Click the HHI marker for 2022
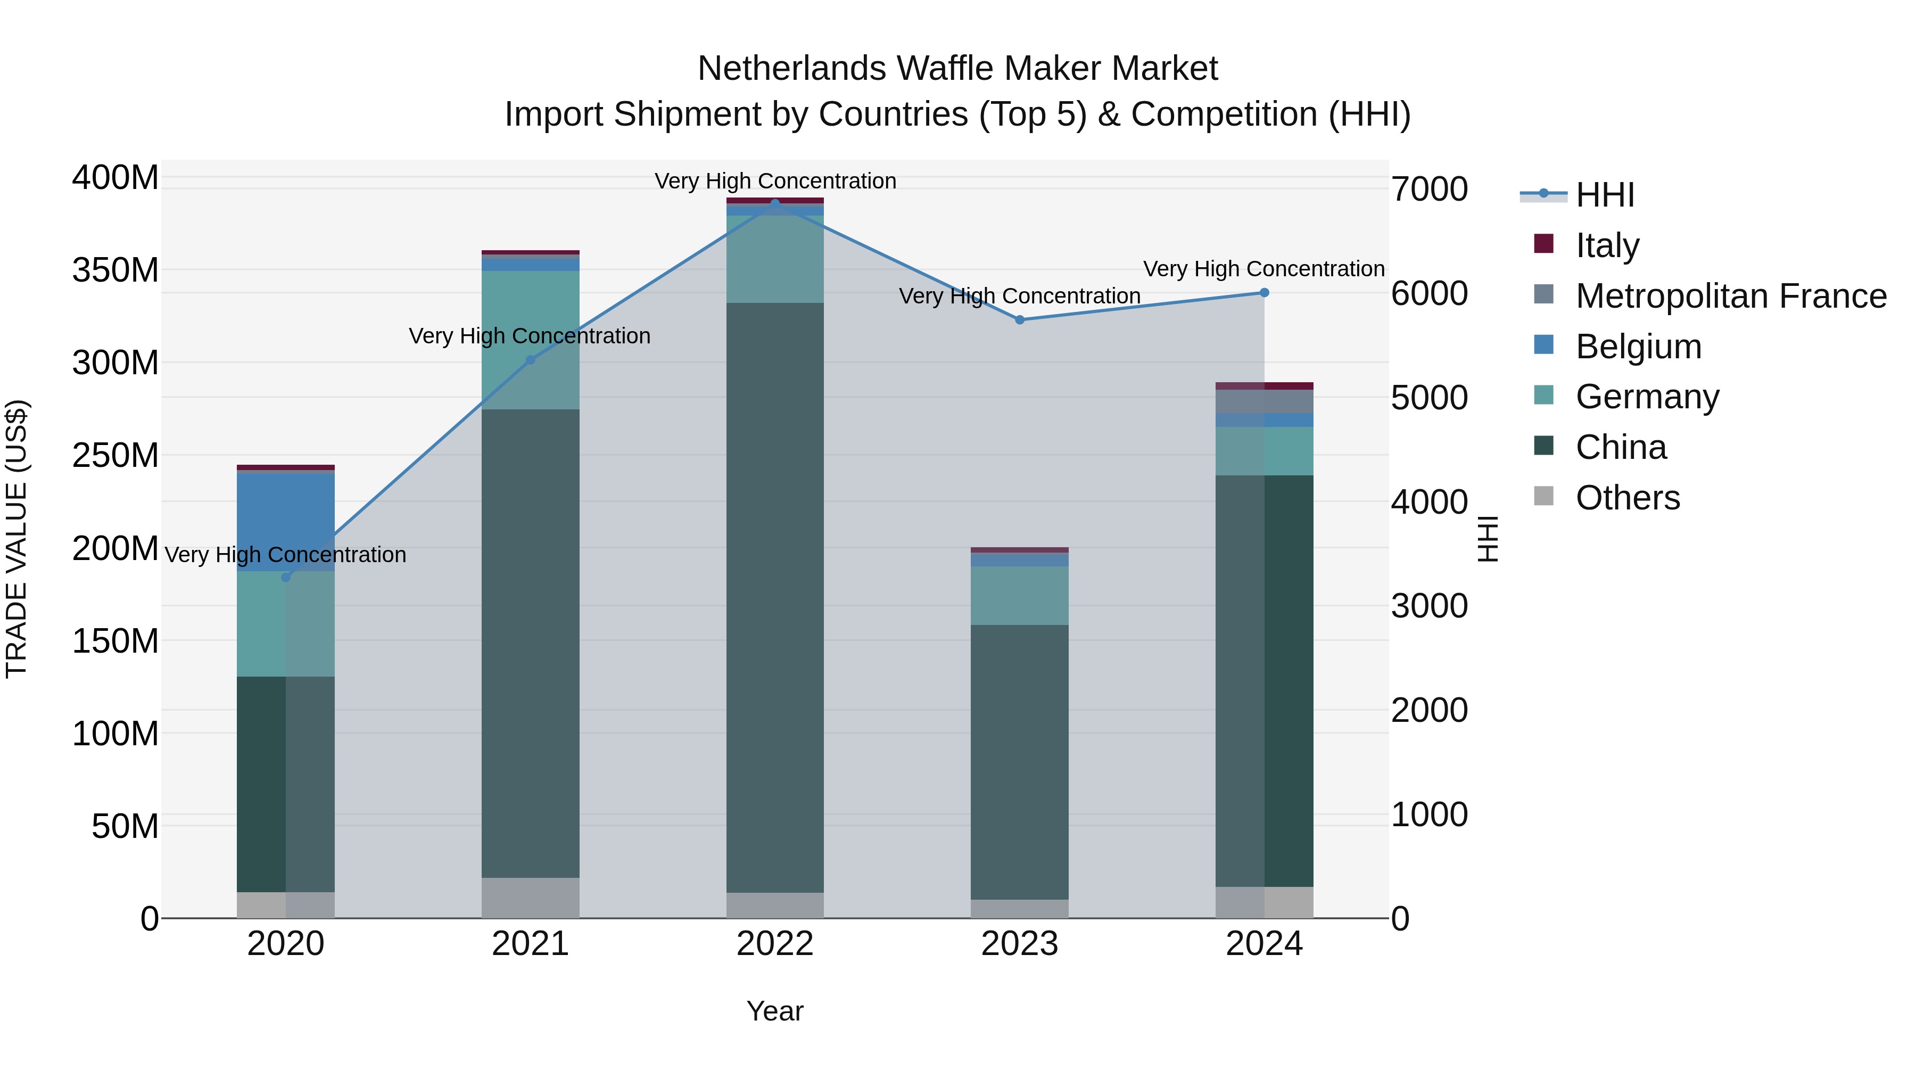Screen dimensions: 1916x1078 coord(775,203)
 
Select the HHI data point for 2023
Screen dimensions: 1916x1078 coord(1020,320)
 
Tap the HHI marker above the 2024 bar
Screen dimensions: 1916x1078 coord(1265,292)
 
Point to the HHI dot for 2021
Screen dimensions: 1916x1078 coord(530,360)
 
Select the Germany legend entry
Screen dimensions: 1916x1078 coord(1626,397)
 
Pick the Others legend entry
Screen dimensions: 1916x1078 coord(1607,498)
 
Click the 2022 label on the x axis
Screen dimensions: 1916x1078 coord(775,944)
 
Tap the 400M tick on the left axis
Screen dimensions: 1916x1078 coord(115,178)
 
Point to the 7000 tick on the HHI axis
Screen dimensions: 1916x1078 coord(1430,189)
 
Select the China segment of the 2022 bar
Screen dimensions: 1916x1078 coord(775,597)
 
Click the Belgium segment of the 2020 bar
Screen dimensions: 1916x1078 coord(286,522)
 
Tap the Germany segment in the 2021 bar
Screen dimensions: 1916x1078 coord(530,340)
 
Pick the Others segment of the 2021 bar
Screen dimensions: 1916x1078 coord(530,898)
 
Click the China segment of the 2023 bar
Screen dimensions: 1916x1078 coord(1020,762)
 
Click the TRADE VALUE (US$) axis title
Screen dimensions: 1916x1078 coord(16,539)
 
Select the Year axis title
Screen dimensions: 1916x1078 coord(775,1011)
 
